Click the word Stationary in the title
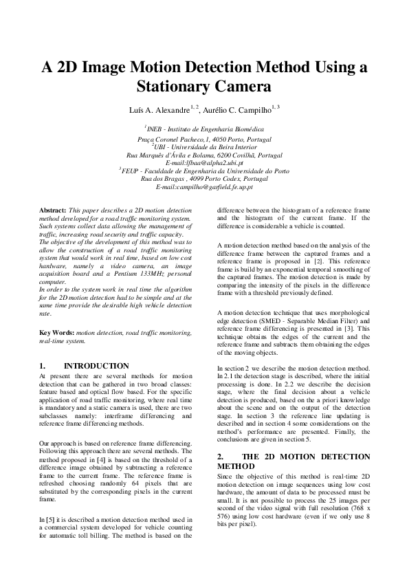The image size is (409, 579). click(173, 87)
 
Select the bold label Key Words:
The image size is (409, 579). click(57, 333)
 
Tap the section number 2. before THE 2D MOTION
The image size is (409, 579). click(221, 457)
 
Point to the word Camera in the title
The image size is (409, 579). click(238, 87)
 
